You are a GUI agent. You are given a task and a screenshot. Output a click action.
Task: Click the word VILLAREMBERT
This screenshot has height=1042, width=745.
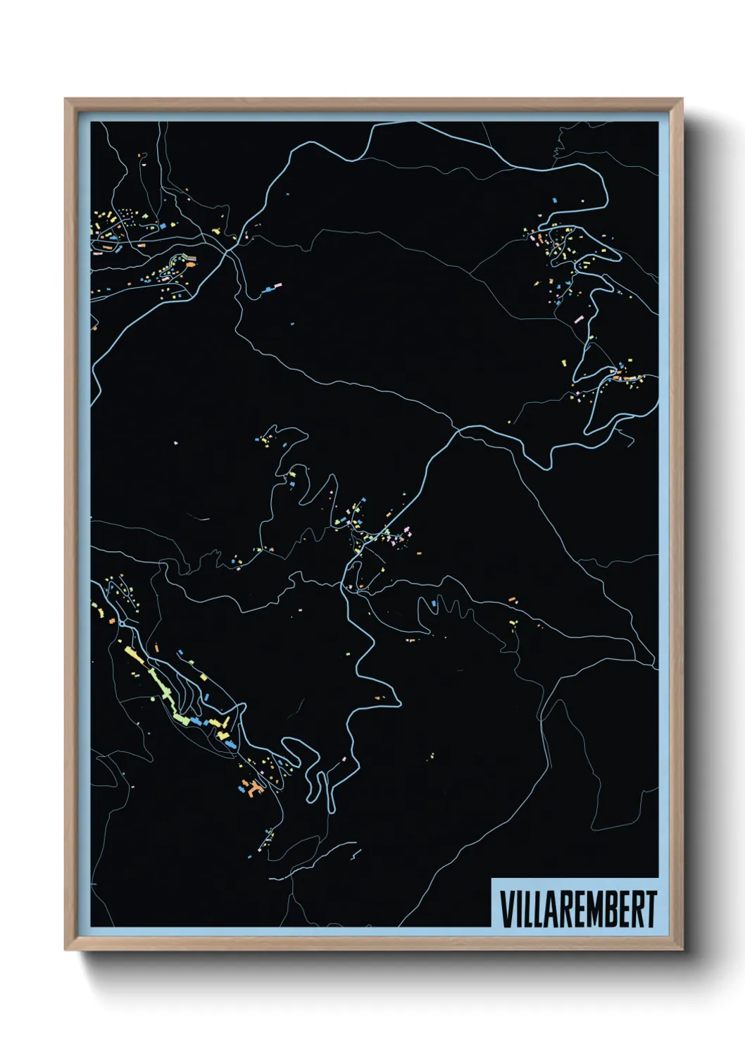(578, 909)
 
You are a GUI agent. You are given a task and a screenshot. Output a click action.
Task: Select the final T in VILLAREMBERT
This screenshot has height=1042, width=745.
(651, 909)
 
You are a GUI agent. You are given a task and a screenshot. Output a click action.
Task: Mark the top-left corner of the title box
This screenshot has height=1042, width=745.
(491, 879)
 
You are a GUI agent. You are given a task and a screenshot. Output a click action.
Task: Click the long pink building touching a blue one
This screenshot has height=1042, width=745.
(270, 287)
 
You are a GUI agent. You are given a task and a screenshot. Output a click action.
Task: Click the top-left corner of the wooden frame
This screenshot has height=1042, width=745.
(65, 99)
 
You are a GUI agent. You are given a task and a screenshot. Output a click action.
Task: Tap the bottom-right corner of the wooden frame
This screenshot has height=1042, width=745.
(682, 950)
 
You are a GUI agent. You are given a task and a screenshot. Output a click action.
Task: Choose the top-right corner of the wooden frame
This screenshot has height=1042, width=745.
(682, 99)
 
